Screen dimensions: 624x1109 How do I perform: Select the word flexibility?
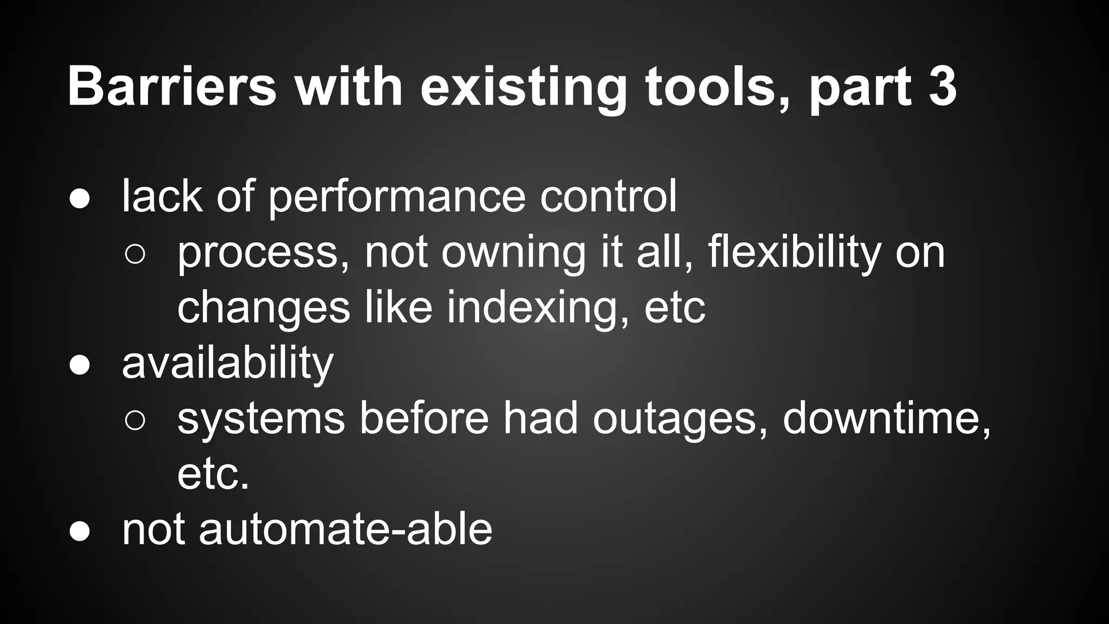pos(794,253)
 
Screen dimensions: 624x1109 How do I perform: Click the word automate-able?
pos(345,529)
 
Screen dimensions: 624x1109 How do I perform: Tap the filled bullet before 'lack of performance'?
pos(80,199)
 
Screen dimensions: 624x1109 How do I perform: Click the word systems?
pos(261,420)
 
